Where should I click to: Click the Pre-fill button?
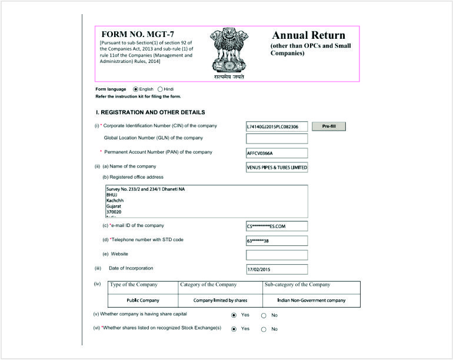click(328, 126)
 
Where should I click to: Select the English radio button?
click(136, 89)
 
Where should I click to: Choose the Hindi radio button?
click(160, 89)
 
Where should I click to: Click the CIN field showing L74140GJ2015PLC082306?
click(277, 126)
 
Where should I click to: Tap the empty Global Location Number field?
click(277, 139)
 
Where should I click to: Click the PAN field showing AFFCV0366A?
click(277, 154)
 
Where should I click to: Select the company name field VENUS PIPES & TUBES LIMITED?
click(277, 167)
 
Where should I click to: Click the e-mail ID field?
click(277, 226)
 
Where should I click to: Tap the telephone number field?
click(277, 241)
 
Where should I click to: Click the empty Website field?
click(277, 255)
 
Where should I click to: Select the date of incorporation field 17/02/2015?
click(277, 269)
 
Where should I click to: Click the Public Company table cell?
click(143, 300)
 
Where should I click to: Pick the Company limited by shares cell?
click(220, 300)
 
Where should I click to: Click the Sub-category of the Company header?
click(297, 285)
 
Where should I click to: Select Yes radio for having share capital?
click(234, 315)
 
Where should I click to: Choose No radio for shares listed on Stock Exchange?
click(264, 329)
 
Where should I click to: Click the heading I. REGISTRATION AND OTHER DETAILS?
click(150, 112)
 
